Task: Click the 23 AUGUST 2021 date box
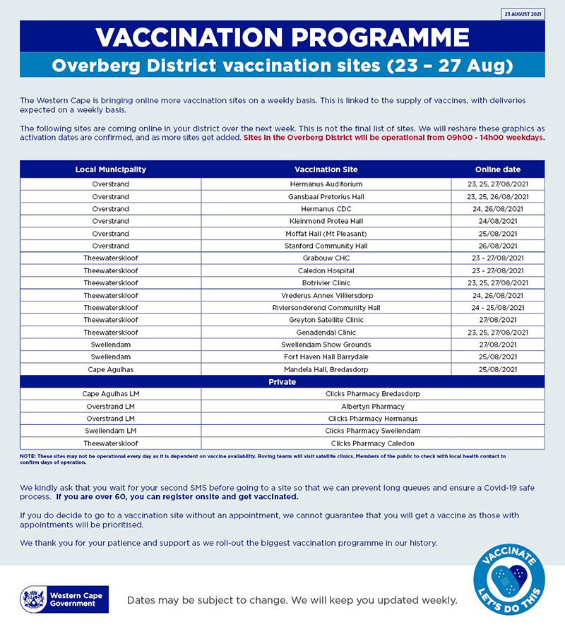pyautogui.click(x=523, y=14)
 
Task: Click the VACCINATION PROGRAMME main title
pyautogui.click(x=282, y=37)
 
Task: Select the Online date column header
pyautogui.click(x=497, y=169)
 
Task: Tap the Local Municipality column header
pyautogui.click(x=111, y=169)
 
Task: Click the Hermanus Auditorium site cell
pyautogui.click(x=326, y=184)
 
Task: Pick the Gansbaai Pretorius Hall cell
pyautogui.click(x=326, y=197)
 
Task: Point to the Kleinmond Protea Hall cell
pyautogui.click(x=326, y=222)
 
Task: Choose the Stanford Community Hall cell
pyautogui.click(x=326, y=246)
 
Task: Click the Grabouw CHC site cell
pyautogui.click(x=326, y=258)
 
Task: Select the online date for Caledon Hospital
pyautogui.click(x=497, y=271)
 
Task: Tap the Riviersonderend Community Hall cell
pyautogui.click(x=326, y=308)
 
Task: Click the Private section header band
pyautogui.click(x=282, y=382)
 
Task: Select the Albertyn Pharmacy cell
pyautogui.click(x=372, y=407)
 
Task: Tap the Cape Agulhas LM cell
pyautogui.click(x=111, y=394)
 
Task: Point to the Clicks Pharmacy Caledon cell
pyautogui.click(x=372, y=443)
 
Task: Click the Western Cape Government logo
pyautogui.click(x=64, y=599)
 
